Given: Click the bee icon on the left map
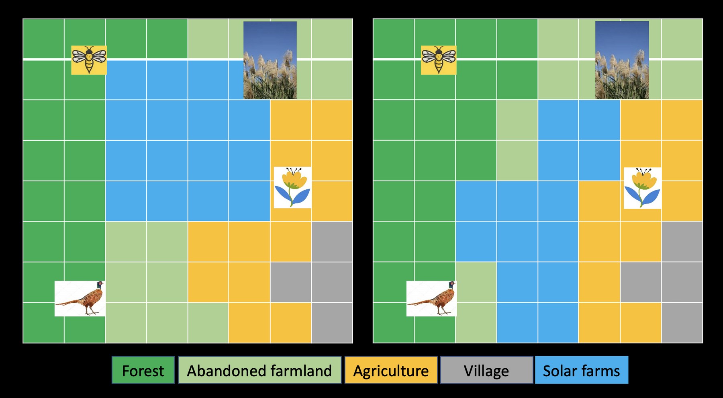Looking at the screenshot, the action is click(89, 60).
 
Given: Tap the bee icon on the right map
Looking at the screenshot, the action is click(439, 60).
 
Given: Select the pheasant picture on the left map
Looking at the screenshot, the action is click(80, 298).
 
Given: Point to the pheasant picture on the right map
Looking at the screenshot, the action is click(431, 298).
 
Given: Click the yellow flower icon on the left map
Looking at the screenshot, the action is click(292, 187).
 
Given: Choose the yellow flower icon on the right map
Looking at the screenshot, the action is click(643, 188).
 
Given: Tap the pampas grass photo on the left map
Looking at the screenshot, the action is click(270, 60).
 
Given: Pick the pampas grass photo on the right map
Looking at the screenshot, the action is click(622, 60).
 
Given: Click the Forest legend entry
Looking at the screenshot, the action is click(143, 370).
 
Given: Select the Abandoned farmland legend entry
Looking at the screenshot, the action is click(259, 370).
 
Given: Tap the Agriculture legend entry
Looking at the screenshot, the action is click(391, 370).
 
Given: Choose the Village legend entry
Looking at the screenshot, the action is click(486, 370).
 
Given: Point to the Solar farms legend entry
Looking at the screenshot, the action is click(581, 370).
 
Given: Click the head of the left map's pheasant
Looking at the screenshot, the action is click(100, 284).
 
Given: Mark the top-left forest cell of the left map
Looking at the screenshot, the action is click(43, 39).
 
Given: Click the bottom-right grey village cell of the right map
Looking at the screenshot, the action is click(682, 323).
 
